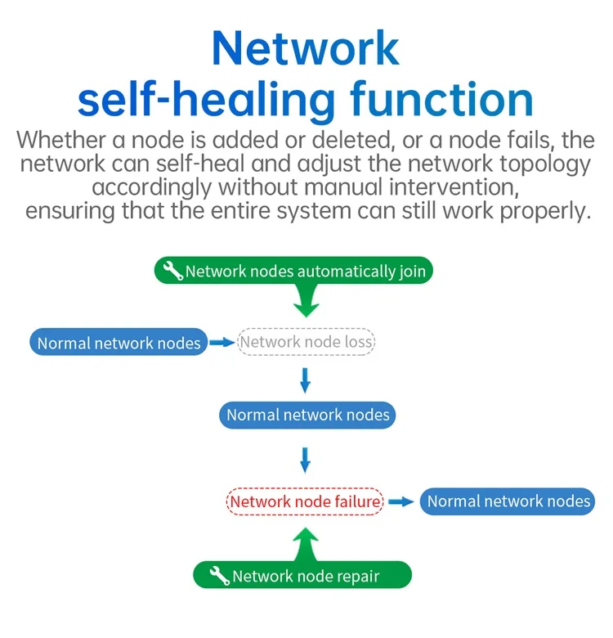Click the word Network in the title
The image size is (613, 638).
point(306,48)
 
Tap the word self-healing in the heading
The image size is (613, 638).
point(207,101)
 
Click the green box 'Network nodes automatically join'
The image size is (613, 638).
point(293,270)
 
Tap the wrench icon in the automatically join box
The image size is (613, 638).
point(173,271)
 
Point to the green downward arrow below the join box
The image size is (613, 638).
point(306,301)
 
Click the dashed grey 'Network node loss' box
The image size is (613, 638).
point(306,342)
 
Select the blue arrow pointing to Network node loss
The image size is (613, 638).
point(222,343)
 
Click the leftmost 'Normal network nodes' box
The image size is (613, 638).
point(119,342)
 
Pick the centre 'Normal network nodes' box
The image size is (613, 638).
point(307,415)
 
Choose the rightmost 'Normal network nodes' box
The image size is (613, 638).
point(508,501)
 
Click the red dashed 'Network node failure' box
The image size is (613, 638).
point(306,501)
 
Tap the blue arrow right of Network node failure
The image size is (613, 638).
point(401,501)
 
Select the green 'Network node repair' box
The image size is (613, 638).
point(302,575)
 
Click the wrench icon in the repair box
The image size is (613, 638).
point(220,575)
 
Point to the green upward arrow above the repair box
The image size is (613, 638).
point(306,546)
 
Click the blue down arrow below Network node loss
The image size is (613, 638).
point(306,380)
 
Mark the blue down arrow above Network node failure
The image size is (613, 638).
point(306,461)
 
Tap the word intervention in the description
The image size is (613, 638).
point(454,187)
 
